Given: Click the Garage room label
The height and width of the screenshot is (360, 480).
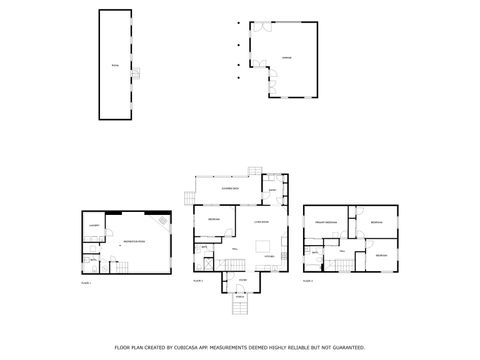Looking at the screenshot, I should [287, 58].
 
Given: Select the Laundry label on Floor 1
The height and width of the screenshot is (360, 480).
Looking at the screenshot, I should [93, 227].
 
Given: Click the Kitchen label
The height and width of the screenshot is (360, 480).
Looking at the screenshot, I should [269, 257].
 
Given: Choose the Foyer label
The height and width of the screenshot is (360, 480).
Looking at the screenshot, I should [242, 280].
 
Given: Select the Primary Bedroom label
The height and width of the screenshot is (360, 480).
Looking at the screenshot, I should [326, 221].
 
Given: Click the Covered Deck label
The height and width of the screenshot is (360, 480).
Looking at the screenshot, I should [229, 188].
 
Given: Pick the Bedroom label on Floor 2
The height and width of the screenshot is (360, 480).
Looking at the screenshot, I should [214, 220].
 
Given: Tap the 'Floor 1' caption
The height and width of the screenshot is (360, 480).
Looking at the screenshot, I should [86, 283].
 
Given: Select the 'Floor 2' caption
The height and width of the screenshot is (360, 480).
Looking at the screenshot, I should [198, 282].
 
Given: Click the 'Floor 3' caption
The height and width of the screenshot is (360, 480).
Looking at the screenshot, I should [309, 282].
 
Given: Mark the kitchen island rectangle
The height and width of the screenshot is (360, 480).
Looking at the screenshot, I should [264, 245].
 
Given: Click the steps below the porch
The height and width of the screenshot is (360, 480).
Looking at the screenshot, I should [240, 306].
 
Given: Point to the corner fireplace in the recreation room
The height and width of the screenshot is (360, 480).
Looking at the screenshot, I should [161, 218].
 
